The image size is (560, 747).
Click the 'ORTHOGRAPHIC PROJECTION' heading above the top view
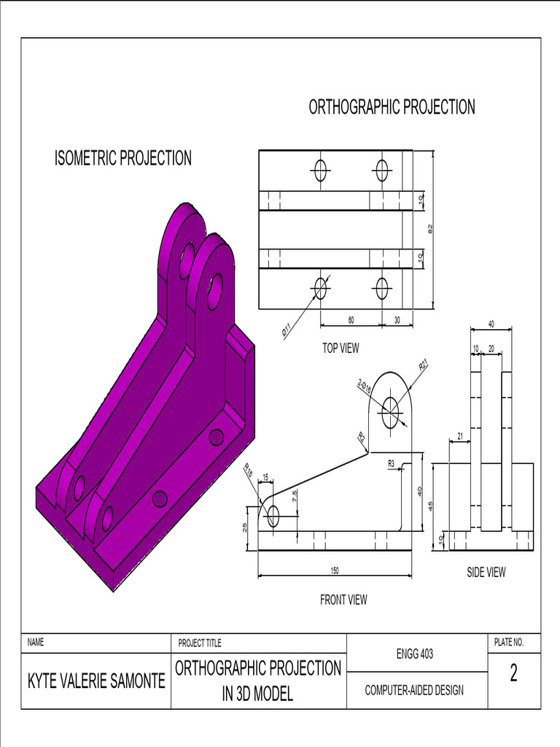[392, 107]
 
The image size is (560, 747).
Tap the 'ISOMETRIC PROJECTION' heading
[123, 158]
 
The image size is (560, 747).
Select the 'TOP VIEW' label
[341, 349]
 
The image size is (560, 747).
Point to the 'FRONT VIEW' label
[343, 600]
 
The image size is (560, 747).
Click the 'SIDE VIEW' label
[486, 572]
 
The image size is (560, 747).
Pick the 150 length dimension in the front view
[335, 570]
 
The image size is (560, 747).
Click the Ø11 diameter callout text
[287, 330]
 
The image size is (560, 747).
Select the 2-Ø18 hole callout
[365, 387]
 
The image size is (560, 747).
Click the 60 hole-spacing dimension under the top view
[351, 320]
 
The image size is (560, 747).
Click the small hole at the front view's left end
[273, 516]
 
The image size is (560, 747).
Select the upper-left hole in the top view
[320, 170]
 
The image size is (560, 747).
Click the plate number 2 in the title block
[513, 674]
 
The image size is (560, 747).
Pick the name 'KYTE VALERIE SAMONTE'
[96, 681]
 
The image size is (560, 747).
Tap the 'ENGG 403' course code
[416, 654]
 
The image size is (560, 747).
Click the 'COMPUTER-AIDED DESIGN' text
[413, 690]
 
